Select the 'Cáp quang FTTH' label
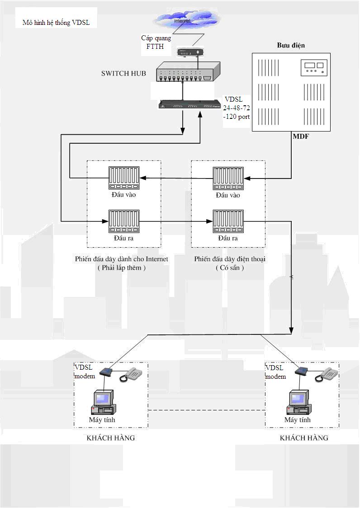point(156,42)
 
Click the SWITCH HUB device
point(188,72)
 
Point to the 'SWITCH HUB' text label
point(123,73)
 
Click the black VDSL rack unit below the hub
point(186,105)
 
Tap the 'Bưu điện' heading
point(291,46)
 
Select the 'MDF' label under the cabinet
point(300,136)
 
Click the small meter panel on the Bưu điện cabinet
point(313,68)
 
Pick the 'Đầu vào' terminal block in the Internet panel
point(124,178)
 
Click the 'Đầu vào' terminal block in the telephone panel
point(228,178)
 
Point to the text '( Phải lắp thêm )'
point(121,268)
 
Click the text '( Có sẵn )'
point(230,268)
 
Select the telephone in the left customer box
point(131,375)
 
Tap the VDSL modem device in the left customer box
point(105,372)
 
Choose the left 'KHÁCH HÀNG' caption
point(111,438)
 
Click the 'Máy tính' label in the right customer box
point(297,420)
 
